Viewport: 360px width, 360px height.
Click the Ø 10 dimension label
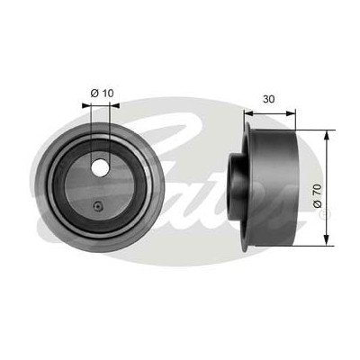coord(102,94)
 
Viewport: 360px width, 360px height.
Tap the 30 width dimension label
coord(268,99)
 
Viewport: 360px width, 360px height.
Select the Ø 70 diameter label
coord(318,196)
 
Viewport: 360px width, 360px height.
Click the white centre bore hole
coord(100,167)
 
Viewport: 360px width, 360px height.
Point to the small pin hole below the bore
coord(98,206)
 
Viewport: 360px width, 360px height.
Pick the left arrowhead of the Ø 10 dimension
coord(86,105)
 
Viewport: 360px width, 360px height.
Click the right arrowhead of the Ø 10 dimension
coord(114,105)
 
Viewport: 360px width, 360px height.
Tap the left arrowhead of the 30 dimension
coord(248,113)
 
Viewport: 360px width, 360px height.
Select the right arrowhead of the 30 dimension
coord(291,113)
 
